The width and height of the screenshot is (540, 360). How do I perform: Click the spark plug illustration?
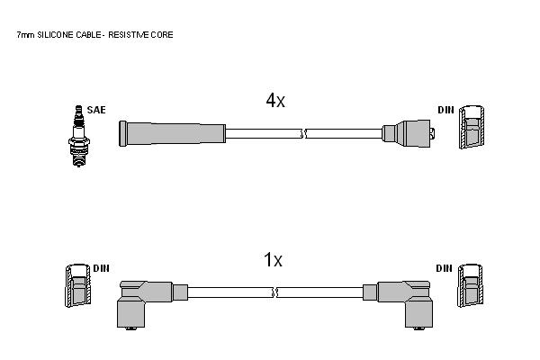(x=79, y=136)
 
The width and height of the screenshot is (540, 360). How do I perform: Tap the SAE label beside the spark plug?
(x=96, y=110)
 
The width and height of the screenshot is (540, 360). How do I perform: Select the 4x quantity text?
(x=275, y=101)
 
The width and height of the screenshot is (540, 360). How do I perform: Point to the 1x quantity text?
(x=273, y=260)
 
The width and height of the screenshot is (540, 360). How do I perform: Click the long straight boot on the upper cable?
(x=172, y=134)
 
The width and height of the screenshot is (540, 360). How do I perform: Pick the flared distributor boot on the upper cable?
(x=409, y=134)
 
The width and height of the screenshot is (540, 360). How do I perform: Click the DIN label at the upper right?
(x=446, y=110)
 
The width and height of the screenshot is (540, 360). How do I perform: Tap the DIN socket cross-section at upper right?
(x=472, y=127)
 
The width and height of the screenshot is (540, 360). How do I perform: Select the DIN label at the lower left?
(x=101, y=268)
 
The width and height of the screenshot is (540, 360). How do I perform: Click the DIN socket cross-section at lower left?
(x=78, y=285)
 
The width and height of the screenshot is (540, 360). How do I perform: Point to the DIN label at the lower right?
(x=444, y=268)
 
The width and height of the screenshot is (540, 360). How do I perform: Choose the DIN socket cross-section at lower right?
(x=470, y=285)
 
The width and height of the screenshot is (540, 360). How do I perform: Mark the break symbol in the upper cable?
(x=304, y=134)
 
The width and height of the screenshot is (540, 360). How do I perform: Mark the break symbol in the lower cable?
(x=275, y=292)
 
